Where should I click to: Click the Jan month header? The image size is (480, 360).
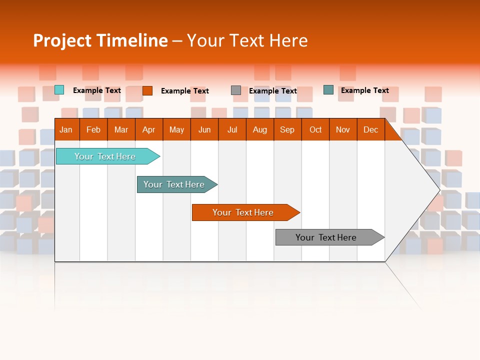[66, 129]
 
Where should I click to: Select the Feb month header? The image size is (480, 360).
[93, 129]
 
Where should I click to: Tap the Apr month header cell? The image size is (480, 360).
[148, 129]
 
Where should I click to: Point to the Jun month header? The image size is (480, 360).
[204, 129]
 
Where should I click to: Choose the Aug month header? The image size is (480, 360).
[259, 129]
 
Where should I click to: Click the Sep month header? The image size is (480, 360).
[287, 129]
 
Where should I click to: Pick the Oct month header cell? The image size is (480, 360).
[315, 129]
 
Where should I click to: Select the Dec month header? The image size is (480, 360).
[370, 129]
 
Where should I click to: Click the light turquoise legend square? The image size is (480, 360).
[59, 90]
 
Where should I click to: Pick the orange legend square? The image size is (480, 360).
[147, 90]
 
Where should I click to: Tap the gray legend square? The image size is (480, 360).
[236, 90]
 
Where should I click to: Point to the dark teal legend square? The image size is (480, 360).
[328, 90]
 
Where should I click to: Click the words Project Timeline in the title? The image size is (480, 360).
[100, 40]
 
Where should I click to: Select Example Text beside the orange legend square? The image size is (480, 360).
[185, 91]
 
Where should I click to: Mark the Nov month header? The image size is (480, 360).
[343, 129]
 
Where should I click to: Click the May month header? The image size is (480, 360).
[176, 129]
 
